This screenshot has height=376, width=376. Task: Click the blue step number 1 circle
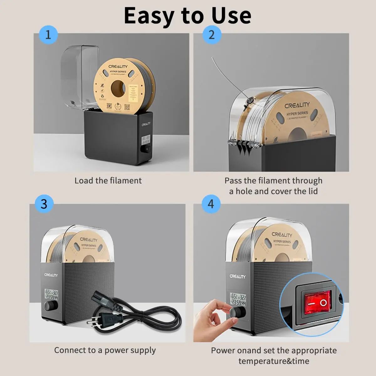coord(48,34)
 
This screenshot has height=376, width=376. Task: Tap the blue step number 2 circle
coord(211,34)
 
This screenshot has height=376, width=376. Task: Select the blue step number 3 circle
coord(44,204)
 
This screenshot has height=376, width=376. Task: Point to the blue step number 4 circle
coord(211,204)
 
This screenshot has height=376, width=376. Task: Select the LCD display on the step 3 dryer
coord(51,294)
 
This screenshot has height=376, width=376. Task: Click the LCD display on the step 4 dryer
coord(238,299)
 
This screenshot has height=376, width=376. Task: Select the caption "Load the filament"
coord(108,181)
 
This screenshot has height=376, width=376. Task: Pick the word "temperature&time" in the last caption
coord(274,361)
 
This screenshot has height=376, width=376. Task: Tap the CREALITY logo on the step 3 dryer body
coord(51,275)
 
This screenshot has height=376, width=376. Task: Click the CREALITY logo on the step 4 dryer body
coord(238,276)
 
